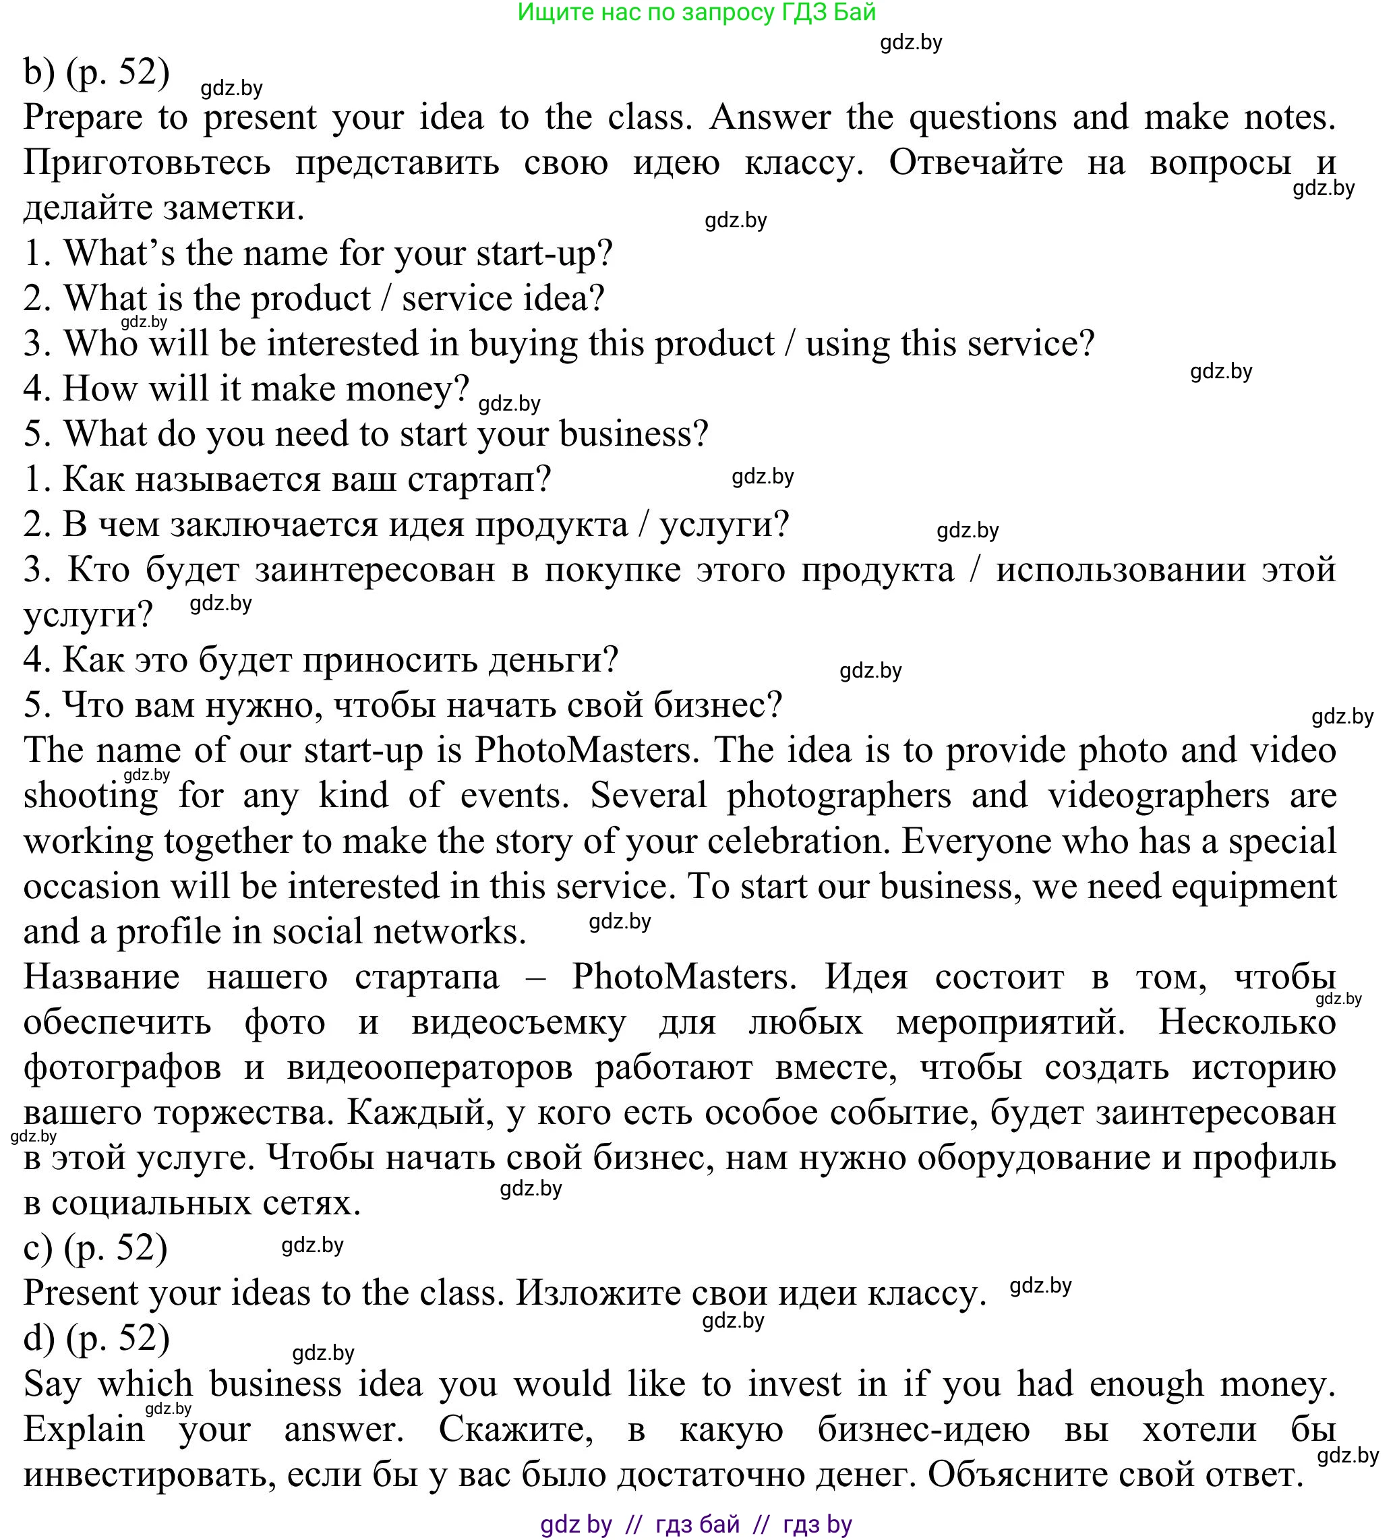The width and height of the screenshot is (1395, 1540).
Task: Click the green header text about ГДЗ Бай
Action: click(696, 12)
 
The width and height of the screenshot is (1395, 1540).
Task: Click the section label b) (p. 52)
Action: click(96, 73)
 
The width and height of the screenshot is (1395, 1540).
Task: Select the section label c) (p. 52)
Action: click(96, 1247)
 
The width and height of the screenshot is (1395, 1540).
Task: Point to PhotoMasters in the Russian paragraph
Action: click(684, 977)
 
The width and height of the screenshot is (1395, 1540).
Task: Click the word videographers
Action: click(1158, 796)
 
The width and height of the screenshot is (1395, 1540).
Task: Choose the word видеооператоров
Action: click(429, 1068)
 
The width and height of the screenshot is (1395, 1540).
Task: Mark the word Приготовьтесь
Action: click(147, 163)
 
